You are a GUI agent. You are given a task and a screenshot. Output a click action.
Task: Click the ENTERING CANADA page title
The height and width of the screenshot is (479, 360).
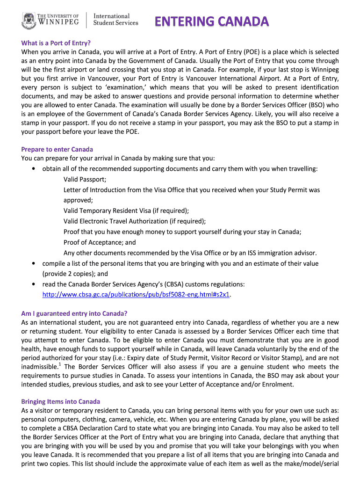[x=212, y=22]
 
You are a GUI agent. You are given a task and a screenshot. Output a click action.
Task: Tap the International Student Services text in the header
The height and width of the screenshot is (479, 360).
[x=116, y=19]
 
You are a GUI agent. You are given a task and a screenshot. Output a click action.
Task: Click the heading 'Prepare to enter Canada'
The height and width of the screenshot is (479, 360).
[x=57, y=149]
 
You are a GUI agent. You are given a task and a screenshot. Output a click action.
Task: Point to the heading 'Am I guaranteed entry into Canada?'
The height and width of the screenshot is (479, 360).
[x=74, y=313]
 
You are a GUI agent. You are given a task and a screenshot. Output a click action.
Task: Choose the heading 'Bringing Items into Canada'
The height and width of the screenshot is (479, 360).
[x=61, y=402]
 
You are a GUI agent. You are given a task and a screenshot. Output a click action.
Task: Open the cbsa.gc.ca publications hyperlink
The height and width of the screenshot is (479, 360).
[x=137, y=295]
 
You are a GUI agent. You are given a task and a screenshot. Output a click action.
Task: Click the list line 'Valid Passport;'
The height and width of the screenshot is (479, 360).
[x=85, y=180]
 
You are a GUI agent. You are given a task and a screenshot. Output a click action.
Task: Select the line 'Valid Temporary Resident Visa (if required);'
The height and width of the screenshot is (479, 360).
[x=126, y=210]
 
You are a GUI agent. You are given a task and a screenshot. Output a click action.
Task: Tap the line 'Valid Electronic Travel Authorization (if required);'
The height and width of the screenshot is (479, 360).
[x=135, y=221]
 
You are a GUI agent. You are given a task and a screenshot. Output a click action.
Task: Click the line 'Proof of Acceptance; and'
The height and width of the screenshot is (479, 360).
[x=100, y=242]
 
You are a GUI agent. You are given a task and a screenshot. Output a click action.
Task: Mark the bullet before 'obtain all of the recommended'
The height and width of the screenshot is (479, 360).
[x=35, y=169]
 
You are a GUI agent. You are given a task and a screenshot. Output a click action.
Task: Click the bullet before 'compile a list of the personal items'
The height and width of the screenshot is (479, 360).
[x=35, y=264]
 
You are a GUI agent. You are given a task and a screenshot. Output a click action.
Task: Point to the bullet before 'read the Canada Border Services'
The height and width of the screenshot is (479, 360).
[x=35, y=284]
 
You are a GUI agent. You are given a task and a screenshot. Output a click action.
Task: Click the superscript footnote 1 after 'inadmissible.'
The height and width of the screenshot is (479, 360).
[x=61, y=364]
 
